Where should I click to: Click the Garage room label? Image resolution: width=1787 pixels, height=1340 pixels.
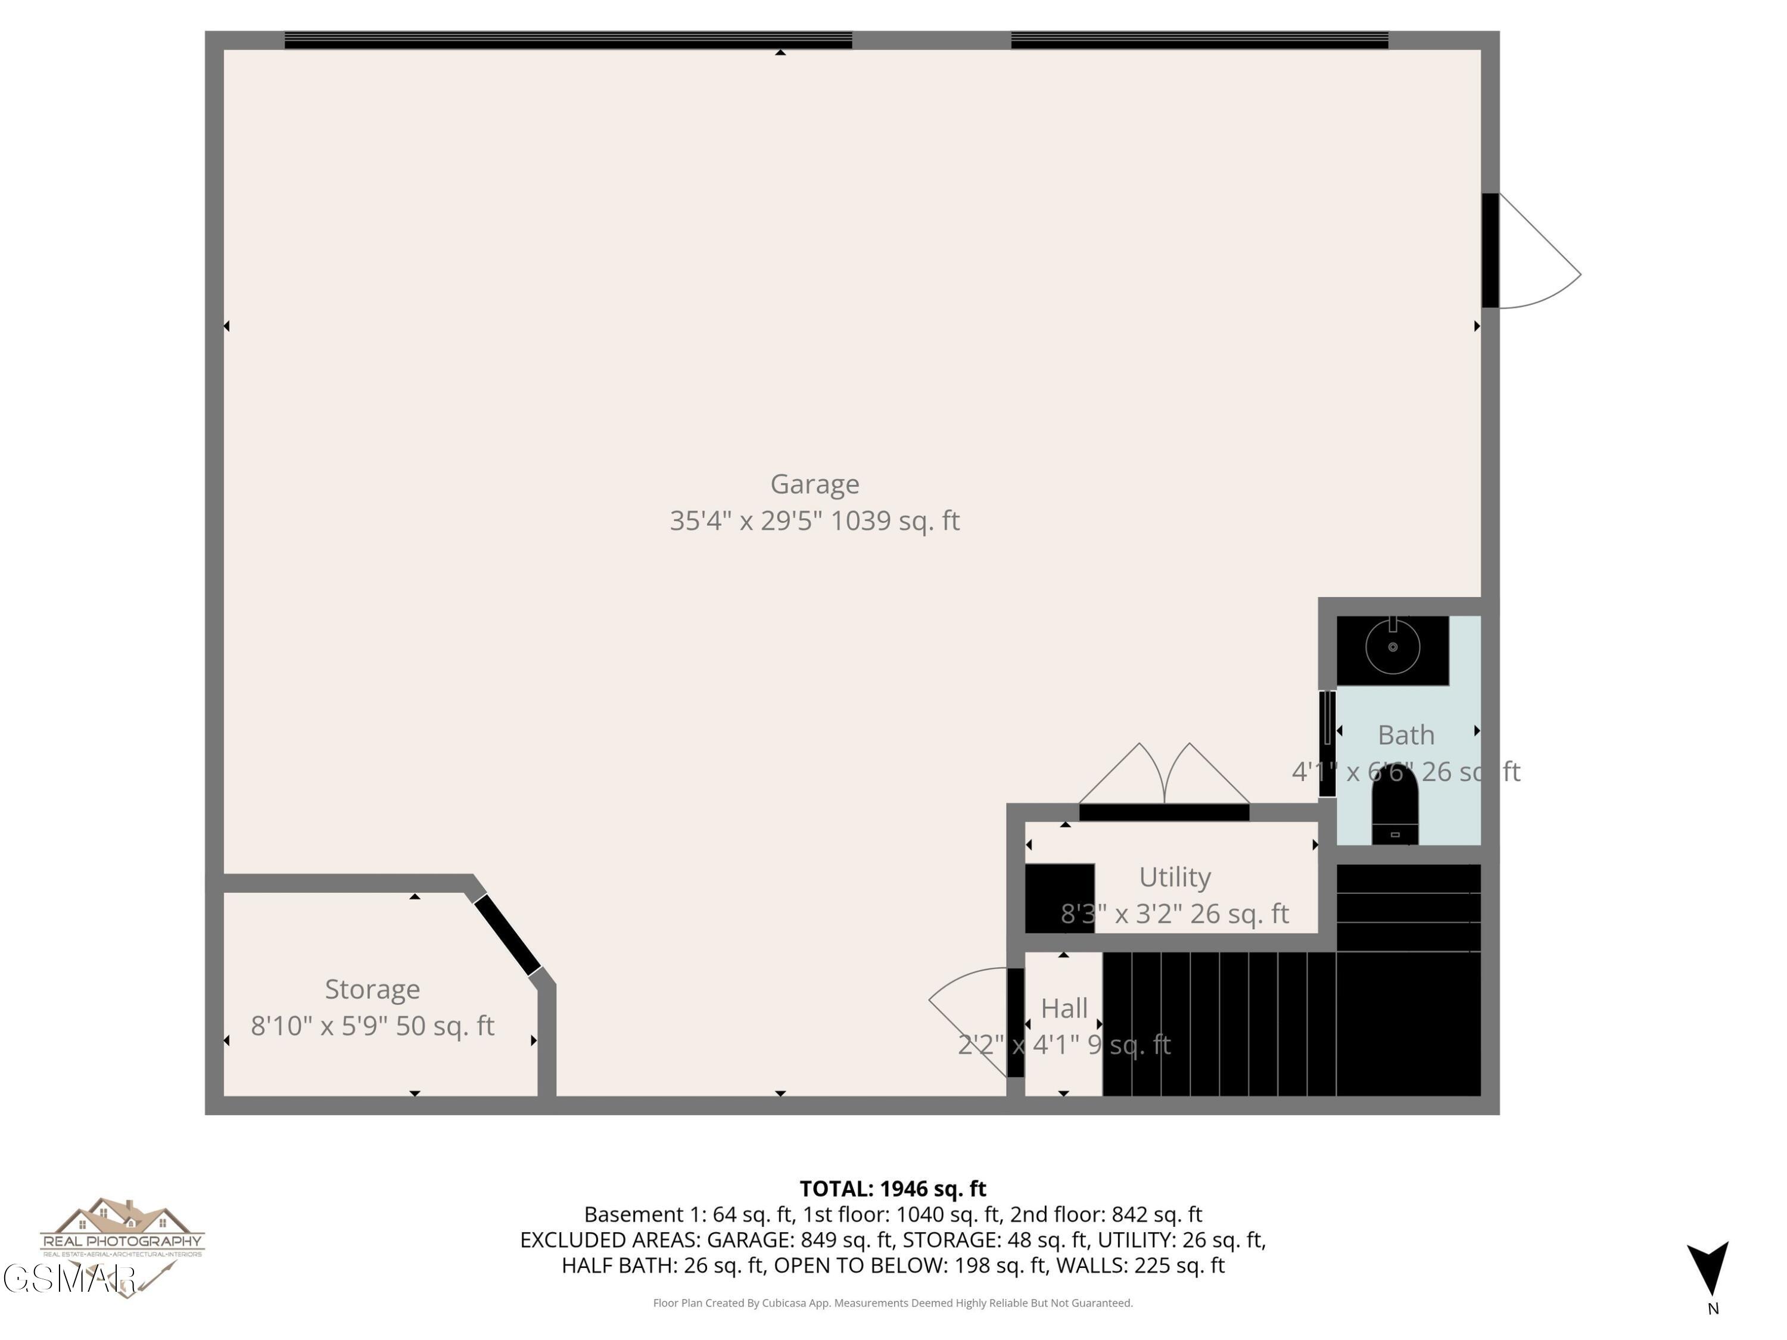click(814, 484)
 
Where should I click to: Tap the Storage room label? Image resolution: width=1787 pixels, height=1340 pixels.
click(372, 989)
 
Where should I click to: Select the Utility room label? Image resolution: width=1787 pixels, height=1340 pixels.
click(1174, 877)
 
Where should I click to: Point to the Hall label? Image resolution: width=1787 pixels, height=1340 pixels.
click(1063, 1008)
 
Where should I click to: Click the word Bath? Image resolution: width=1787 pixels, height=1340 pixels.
click(1406, 735)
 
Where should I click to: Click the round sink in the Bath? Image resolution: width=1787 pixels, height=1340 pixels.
click(1392, 647)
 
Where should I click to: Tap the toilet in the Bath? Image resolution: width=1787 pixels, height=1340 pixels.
click(1394, 808)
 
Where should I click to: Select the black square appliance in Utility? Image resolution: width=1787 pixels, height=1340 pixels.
click(1059, 898)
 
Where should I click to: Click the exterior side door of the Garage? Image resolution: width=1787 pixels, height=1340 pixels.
click(1490, 250)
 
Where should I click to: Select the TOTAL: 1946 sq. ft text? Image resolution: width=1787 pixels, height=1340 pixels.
click(893, 1189)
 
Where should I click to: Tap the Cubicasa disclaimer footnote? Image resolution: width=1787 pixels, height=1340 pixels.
click(893, 1303)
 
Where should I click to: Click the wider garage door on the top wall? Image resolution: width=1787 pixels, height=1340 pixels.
click(568, 40)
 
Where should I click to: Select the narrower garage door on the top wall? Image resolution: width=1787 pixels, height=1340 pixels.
click(1199, 40)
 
